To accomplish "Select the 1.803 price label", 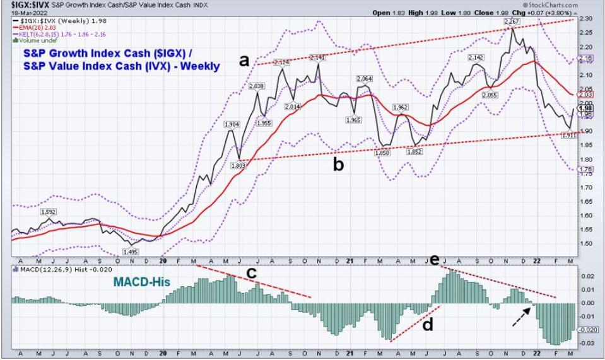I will point(239,165).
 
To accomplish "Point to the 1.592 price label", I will point(49,212).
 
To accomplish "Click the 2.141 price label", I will point(317,57).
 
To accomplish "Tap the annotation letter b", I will point(339,165).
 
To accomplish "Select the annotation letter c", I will point(251,273).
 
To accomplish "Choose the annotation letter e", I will point(434,260).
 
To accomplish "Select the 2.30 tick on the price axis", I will point(587,18).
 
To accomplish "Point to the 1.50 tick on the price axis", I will point(587,243).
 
